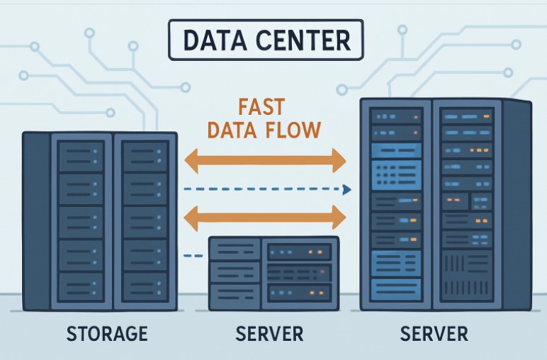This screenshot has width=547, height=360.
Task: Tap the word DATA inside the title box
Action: point(212,42)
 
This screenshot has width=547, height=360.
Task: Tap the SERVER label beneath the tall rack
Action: point(434,333)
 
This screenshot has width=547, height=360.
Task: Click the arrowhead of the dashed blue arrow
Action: point(347,189)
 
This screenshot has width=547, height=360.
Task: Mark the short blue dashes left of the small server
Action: point(191,256)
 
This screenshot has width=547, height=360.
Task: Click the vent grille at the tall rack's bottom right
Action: point(465,274)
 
